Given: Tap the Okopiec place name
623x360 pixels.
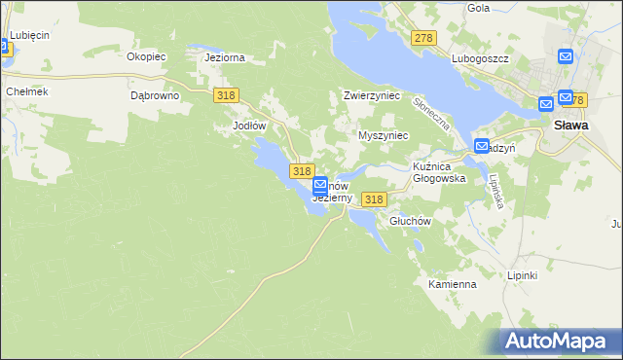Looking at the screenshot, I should pyautogui.click(x=147, y=56).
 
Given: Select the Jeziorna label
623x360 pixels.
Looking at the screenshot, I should pyautogui.click(x=224, y=57).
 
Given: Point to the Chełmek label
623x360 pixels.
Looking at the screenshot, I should pyautogui.click(x=26, y=90).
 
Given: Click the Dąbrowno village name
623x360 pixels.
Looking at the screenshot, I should pyautogui.click(x=154, y=96).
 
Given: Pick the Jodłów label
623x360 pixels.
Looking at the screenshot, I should pyautogui.click(x=249, y=126).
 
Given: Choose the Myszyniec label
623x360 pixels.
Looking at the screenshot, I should pyautogui.click(x=383, y=135).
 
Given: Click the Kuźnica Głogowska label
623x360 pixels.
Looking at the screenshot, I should pyautogui.click(x=440, y=173).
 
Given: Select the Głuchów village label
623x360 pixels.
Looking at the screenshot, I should pyautogui.click(x=409, y=221).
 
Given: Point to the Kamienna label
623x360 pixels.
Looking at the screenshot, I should pyautogui.click(x=452, y=284).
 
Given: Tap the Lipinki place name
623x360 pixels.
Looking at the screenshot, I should pyautogui.click(x=522, y=275).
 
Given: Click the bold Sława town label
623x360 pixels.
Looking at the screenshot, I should pyautogui.click(x=569, y=126).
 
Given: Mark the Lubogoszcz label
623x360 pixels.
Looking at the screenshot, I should pyautogui.click(x=481, y=58).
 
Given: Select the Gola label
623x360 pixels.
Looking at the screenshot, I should pyautogui.click(x=478, y=8).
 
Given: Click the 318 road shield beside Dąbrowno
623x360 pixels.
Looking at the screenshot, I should pyautogui.click(x=226, y=94).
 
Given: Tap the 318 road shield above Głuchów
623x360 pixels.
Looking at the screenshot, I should pyautogui.click(x=374, y=199).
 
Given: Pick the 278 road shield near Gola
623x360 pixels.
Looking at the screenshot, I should pyautogui.click(x=422, y=38).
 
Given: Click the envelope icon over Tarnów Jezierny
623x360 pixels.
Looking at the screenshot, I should pyautogui.click(x=320, y=184).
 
